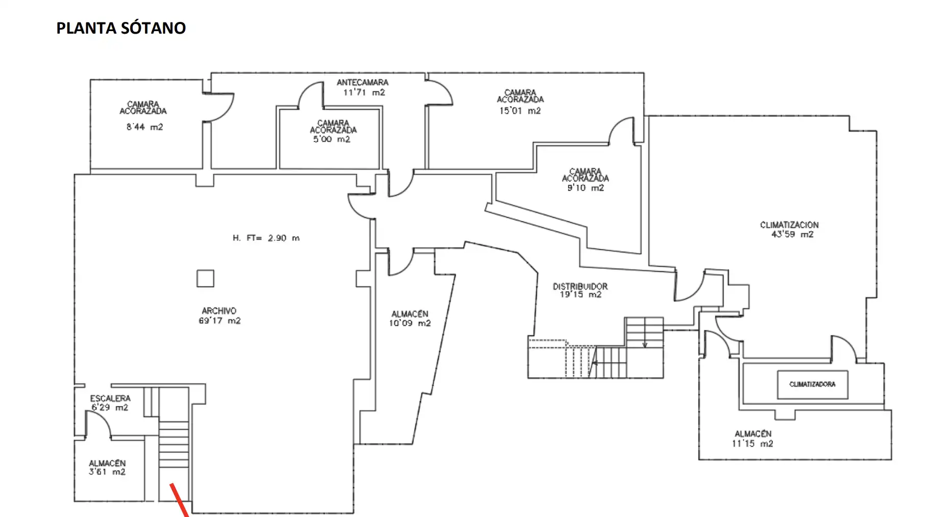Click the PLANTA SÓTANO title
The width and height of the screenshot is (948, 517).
pos(121,28)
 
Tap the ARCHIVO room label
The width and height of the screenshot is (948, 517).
pos(219,311)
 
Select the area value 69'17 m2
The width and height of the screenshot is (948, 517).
pos(219,321)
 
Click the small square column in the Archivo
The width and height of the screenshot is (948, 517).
pos(206,278)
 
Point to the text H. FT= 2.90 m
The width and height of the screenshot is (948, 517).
pos(266,238)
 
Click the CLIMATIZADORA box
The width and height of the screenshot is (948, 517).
pos(812,384)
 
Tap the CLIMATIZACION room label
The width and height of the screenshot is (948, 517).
pos(789,225)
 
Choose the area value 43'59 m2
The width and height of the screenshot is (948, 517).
pos(792,235)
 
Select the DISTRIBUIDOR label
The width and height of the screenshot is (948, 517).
pos(580,287)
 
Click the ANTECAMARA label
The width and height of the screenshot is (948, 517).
pos(362,82)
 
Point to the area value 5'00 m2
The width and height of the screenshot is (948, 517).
pos(332,139)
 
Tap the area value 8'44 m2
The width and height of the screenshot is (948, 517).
pos(144,127)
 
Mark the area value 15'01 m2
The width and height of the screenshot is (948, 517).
pos(519,111)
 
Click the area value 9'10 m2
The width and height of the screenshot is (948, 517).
pos(585,188)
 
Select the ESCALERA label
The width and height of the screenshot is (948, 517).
pos(110,398)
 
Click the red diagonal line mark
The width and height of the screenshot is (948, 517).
pos(180,500)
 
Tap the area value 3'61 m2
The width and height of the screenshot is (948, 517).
pos(107,472)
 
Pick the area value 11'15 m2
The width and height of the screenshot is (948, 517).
pos(752,444)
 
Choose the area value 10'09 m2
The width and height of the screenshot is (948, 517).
pos(410,323)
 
